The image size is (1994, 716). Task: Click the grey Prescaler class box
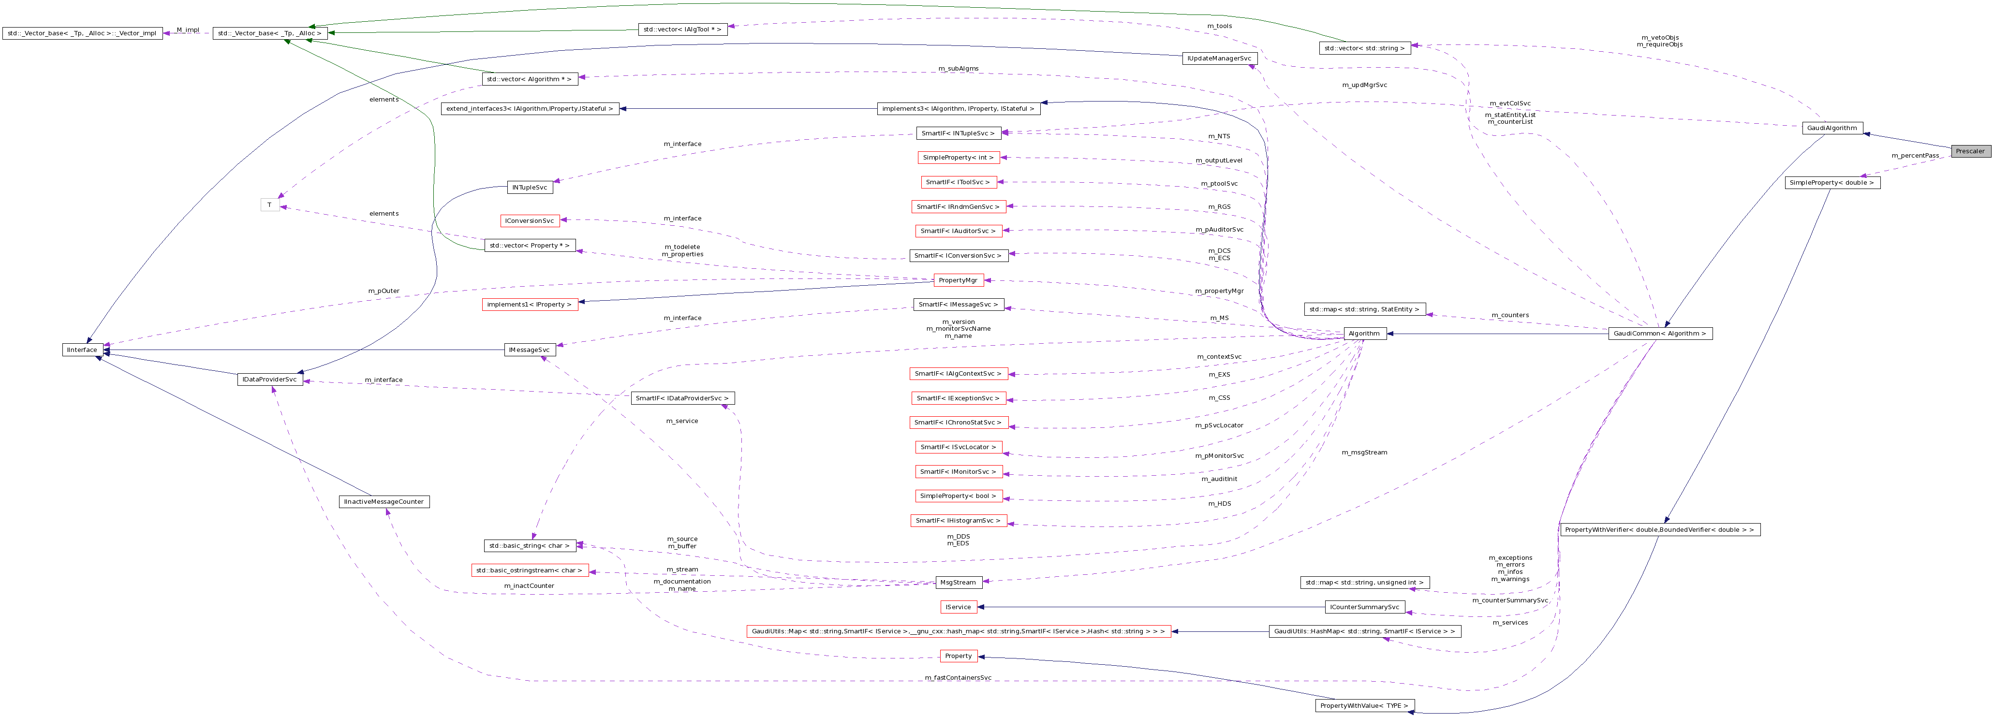[x=1969, y=151]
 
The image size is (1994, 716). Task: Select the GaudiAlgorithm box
[x=1832, y=128]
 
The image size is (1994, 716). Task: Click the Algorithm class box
[x=1363, y=334]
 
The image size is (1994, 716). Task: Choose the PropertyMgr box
[x=958, y=280]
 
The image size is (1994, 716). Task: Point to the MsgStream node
[x=958, y=582]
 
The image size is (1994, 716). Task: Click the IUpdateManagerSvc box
[x=1219, y=58]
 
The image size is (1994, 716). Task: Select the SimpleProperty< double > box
[x=1832, y=183]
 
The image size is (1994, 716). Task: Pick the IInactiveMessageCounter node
[x=384, y=502]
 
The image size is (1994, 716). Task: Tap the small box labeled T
[x=269, y=205]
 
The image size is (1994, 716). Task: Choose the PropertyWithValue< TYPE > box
[x=1364, y=705]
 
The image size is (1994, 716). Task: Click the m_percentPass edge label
[x=1915, y=156]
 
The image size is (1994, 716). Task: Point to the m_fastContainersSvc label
[x=958, y=678]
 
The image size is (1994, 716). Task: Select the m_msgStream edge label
[x=1364, y=452]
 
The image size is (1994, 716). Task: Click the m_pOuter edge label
[x=384, y=291]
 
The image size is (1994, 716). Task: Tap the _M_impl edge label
[x=187, y=30]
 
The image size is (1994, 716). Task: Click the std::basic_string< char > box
[x=530, y=546]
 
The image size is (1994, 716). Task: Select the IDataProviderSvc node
[x=269, y=380]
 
